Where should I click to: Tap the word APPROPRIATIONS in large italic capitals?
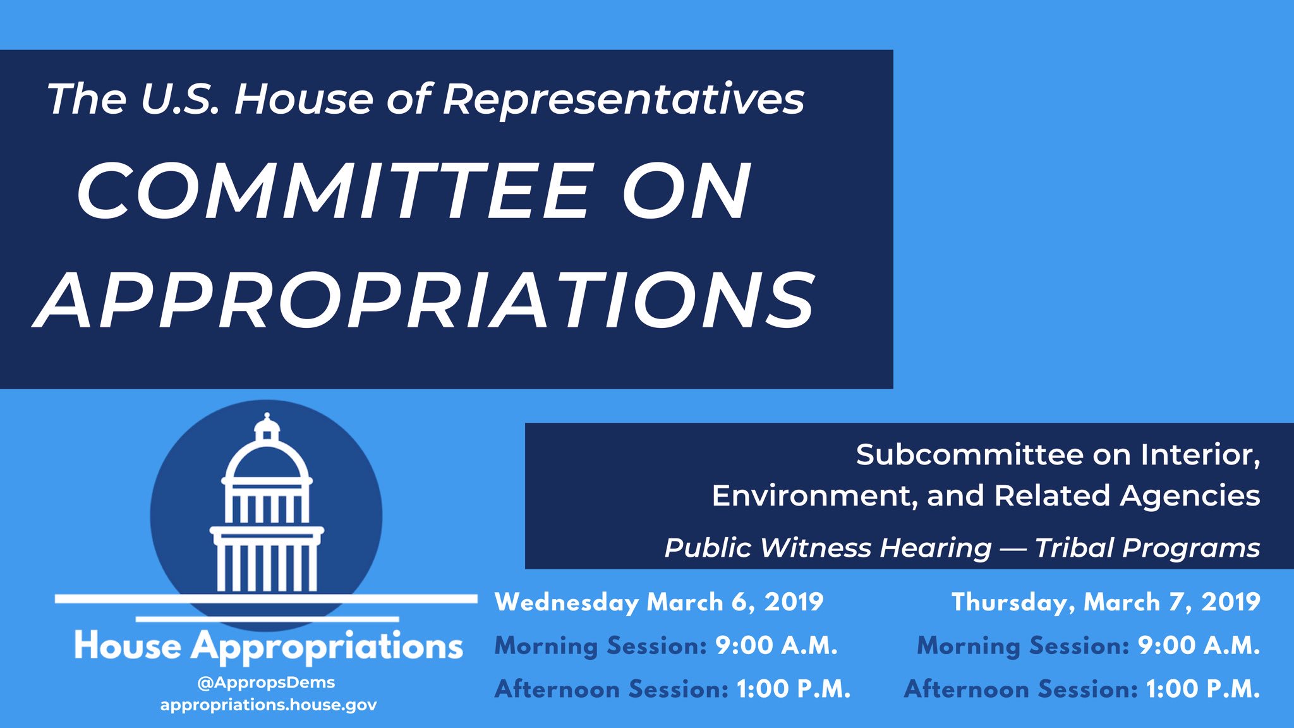tap(424, 300)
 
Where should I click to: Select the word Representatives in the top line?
tap(624, 99)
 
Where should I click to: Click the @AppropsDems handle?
tap(266, 682)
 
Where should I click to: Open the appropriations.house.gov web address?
tap(269, 705)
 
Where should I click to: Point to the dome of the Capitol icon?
tap(267, 460)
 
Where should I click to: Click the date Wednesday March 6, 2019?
tap(659, 602)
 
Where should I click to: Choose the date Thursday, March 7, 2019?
tap(1106, 602)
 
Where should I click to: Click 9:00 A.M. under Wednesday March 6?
tap(777, 645)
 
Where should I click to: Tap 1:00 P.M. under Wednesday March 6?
tap(794, 689)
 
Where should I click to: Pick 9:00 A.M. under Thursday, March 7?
tap(1199, 645)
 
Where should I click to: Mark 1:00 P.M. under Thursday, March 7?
tap(1203, 689)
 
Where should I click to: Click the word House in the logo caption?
tap(128, 646)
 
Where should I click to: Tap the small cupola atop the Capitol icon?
tap(267, 427)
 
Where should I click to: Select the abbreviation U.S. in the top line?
tap(180, 99)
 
